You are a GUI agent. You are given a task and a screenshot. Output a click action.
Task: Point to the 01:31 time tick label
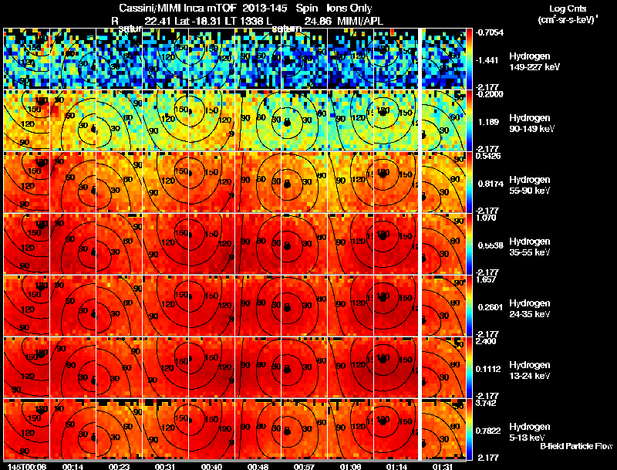pyautogui.click(x=443, y=465)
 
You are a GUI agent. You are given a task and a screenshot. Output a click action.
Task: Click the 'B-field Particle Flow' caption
pyautogui.click(x=576, y=446)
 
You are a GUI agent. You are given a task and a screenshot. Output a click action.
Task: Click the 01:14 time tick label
pyautogui.click(x=396, y=465)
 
